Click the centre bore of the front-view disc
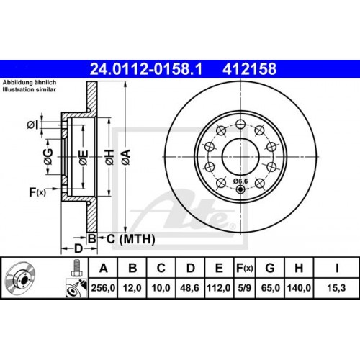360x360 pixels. (x=240, y=153)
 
